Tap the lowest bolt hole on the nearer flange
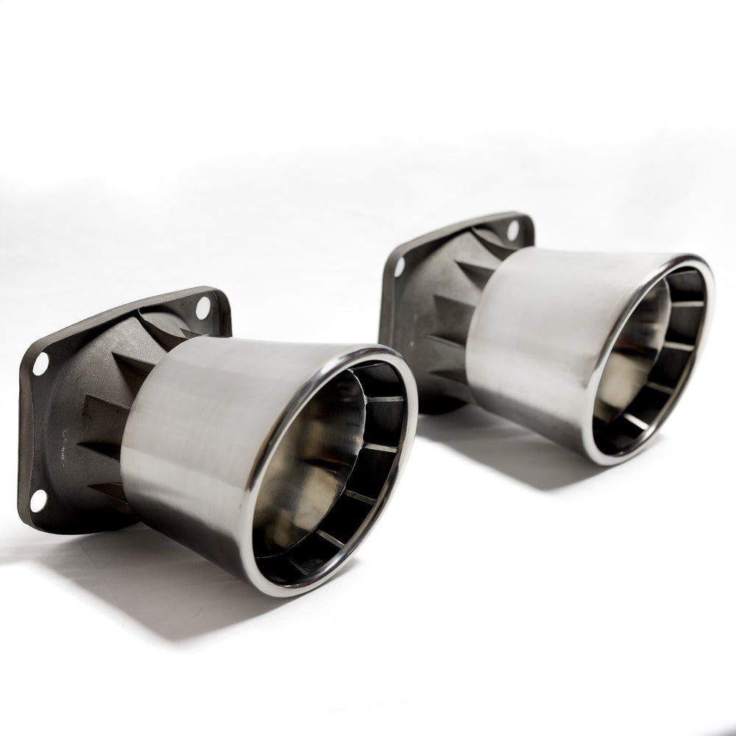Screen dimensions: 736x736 click(x=38, y=499)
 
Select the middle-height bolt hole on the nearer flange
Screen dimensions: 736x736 click(x=40, y=363)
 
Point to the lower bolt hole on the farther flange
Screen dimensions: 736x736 click(x=400, y=267)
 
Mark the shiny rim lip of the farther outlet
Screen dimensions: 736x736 click(x=596, y=412)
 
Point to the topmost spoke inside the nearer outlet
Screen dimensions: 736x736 click(x=384, y=399)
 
